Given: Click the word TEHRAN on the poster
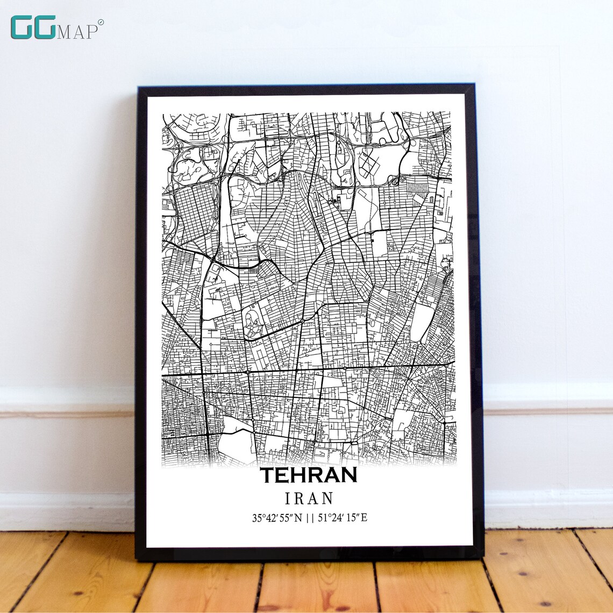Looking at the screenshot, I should [309, 475].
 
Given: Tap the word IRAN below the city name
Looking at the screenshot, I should [309, 498].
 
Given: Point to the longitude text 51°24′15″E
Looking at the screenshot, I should [343, 518].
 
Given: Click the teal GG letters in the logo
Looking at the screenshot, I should [33, 27].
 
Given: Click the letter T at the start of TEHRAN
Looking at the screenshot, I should [268, 475].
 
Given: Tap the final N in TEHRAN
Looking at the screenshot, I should [348, 475].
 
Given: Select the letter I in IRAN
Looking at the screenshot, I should [288, 498].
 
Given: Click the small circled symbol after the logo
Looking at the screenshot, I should [101, 22].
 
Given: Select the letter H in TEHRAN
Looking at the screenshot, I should [298, 475].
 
